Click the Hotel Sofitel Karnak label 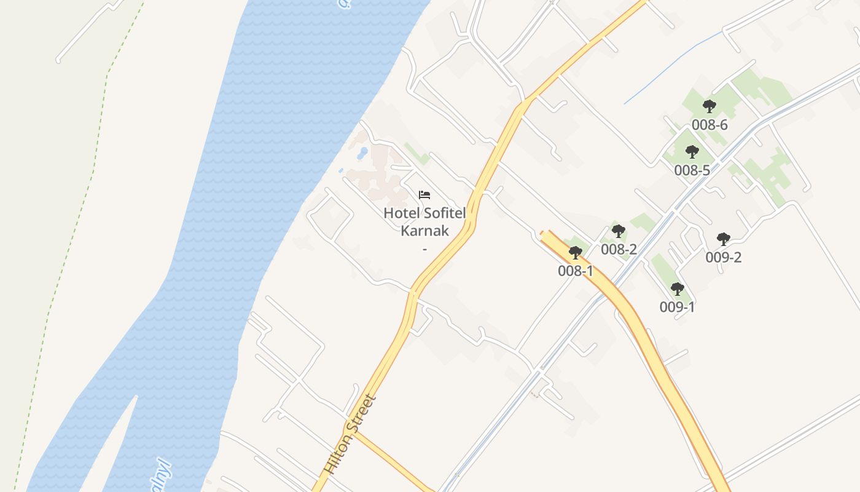[424, 222]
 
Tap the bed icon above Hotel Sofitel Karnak [424, 196]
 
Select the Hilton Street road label [351, 434]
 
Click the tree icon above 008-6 [709, 106]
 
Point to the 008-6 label [709, 125]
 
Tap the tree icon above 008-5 [692, 152]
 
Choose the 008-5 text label [692, 170]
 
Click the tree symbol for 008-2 [619, 231]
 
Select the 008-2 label [619, 249]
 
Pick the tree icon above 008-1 [576, 253]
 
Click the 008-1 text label [576, 271]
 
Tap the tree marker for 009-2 [724, 239]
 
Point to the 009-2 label [724, 257]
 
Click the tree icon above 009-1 [678, 289]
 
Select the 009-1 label [678, 307]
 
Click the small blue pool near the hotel [363, 151]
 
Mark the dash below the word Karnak [424, 249]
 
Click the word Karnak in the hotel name [424, 231]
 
